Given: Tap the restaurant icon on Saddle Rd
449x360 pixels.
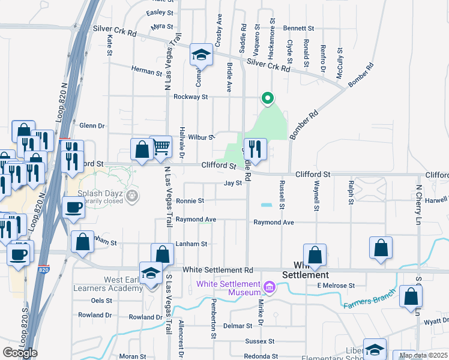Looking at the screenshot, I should tap(255, 149).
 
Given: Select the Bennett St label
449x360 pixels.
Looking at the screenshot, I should tap(299, 28).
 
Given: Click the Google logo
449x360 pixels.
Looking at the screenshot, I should tap(20, 352).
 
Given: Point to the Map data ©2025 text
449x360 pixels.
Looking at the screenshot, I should tap(423, 355).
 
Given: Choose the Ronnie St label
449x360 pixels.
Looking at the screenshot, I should tap(190, 201).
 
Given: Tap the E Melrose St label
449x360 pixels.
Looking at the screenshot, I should tap(336, 286).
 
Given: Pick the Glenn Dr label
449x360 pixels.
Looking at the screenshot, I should tap(92, 126).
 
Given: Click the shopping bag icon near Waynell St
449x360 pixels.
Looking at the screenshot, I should tap(315, 254).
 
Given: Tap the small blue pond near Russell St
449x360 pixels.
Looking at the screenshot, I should tap(266, 205).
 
